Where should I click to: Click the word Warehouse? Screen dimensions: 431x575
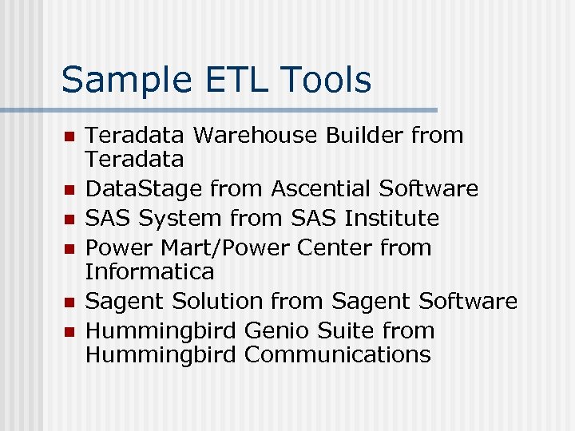[x=256, y=136]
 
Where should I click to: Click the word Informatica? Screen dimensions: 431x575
[x=149, y=271]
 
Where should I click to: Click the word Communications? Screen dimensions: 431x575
[x=337, y=354]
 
